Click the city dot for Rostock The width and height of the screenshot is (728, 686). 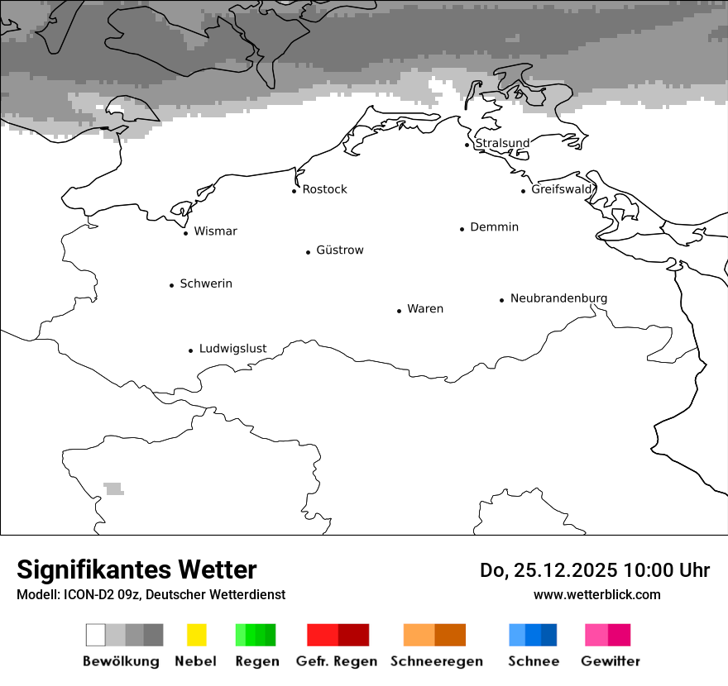pyautogui.click(x=294, y=191)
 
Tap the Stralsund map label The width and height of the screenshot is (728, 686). pyautogui.click(x=502, y=143)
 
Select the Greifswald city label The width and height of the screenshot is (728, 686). pyautogui.click(x=562, y=189)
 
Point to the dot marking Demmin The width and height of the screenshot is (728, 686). pyautogui.click(x=462, y=229)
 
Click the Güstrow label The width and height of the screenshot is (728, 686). pyautogui.click(x=339, y=250)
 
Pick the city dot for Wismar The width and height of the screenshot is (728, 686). pyautogui.click(x=185, y=233)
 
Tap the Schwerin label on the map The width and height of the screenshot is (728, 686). pyautogui.click(x=206, y=283)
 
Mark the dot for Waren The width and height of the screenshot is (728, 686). pyautogui.click(x=399, y=311)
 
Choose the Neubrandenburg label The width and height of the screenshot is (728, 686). pyautogui.click(x=558, y=298)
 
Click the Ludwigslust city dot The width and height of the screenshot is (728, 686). pyautogui.click(x=190, y=350)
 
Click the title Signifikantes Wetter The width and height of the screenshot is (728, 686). pyautogui.click(x=136, y=569)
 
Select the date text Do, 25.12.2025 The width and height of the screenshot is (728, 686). pyautogui.click(x=548, y=570)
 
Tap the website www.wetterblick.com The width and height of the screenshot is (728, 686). pyautogui.click(x=596, y=594)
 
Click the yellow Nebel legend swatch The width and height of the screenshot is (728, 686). pyautogui.click(x=196, y=635)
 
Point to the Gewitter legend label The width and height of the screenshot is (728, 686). pyautogui.click(x=611, y=661)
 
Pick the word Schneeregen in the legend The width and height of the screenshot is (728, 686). pyautogui.click(x=437, y=661)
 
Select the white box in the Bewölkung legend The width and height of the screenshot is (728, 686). pyautogui.click(x=96, y=635)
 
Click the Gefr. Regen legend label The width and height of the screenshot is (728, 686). pyautogui.click(x=337, y=661)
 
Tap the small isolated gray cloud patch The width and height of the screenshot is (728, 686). pyautogui.click(x=113, y=488)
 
